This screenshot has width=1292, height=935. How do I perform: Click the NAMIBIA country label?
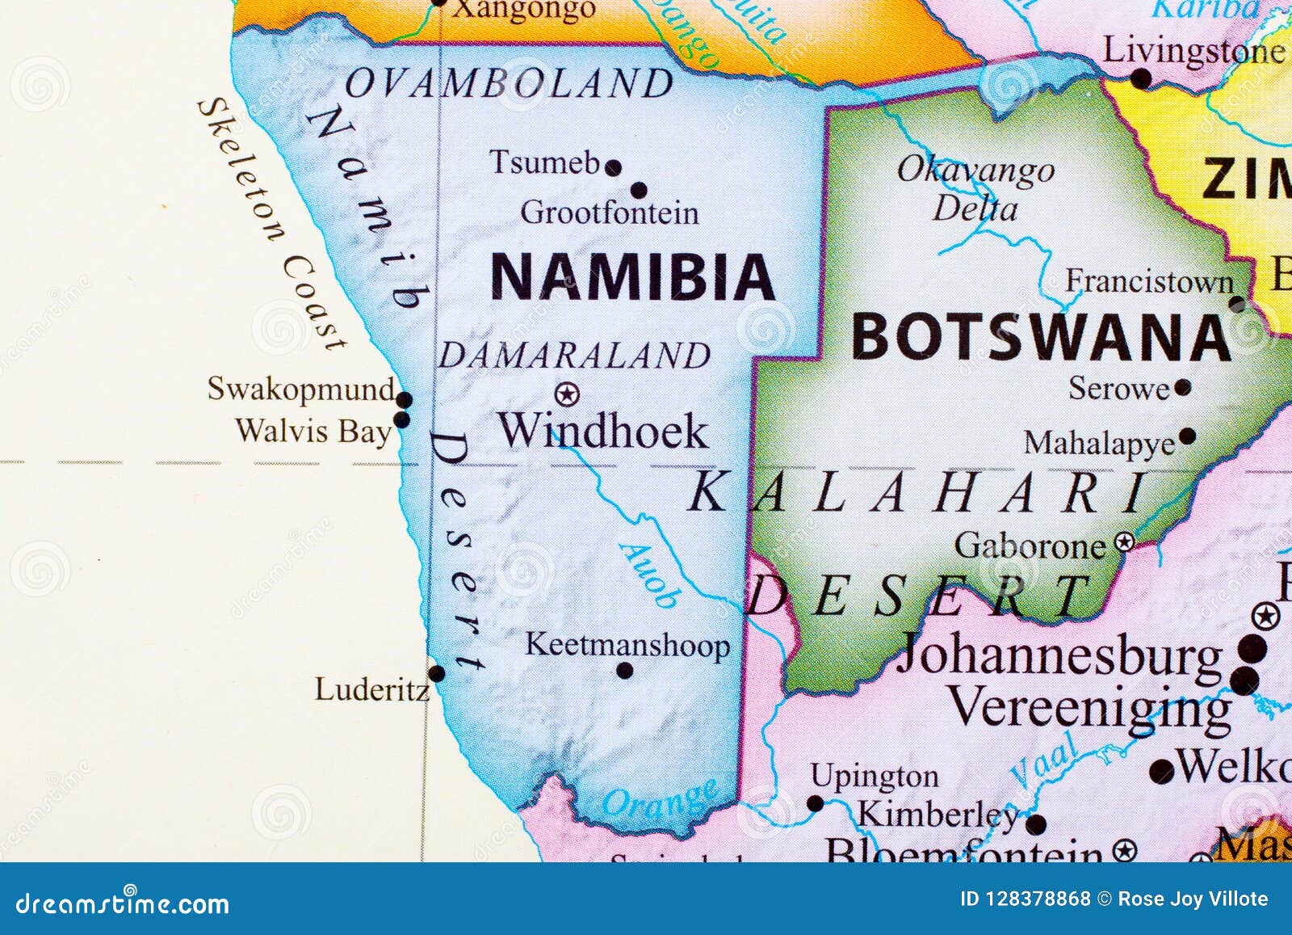[632, 276]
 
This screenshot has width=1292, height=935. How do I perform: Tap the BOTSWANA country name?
[1041, 337]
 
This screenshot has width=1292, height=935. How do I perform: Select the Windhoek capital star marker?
[568, 394]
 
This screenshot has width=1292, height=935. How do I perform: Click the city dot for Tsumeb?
[614, 168]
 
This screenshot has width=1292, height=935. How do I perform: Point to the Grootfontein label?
[610, 213]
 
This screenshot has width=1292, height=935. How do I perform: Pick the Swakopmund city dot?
[404, 399]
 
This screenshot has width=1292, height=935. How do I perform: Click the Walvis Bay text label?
[313, 431]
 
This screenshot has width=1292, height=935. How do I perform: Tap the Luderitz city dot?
[437, 673]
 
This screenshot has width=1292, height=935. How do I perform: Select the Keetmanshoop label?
[627, 645]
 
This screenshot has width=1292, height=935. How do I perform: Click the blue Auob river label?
[650, 575]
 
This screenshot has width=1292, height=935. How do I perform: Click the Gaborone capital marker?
[1124, 541]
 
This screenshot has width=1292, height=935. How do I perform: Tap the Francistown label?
[1149, 281]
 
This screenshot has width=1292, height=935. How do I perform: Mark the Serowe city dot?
[1183, 388]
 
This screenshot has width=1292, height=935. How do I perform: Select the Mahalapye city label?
[1100, 443]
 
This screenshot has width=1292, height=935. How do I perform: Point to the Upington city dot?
[816, 803]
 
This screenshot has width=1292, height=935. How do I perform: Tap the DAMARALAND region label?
[574, 356]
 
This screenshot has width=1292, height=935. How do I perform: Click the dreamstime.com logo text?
[123, 903]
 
